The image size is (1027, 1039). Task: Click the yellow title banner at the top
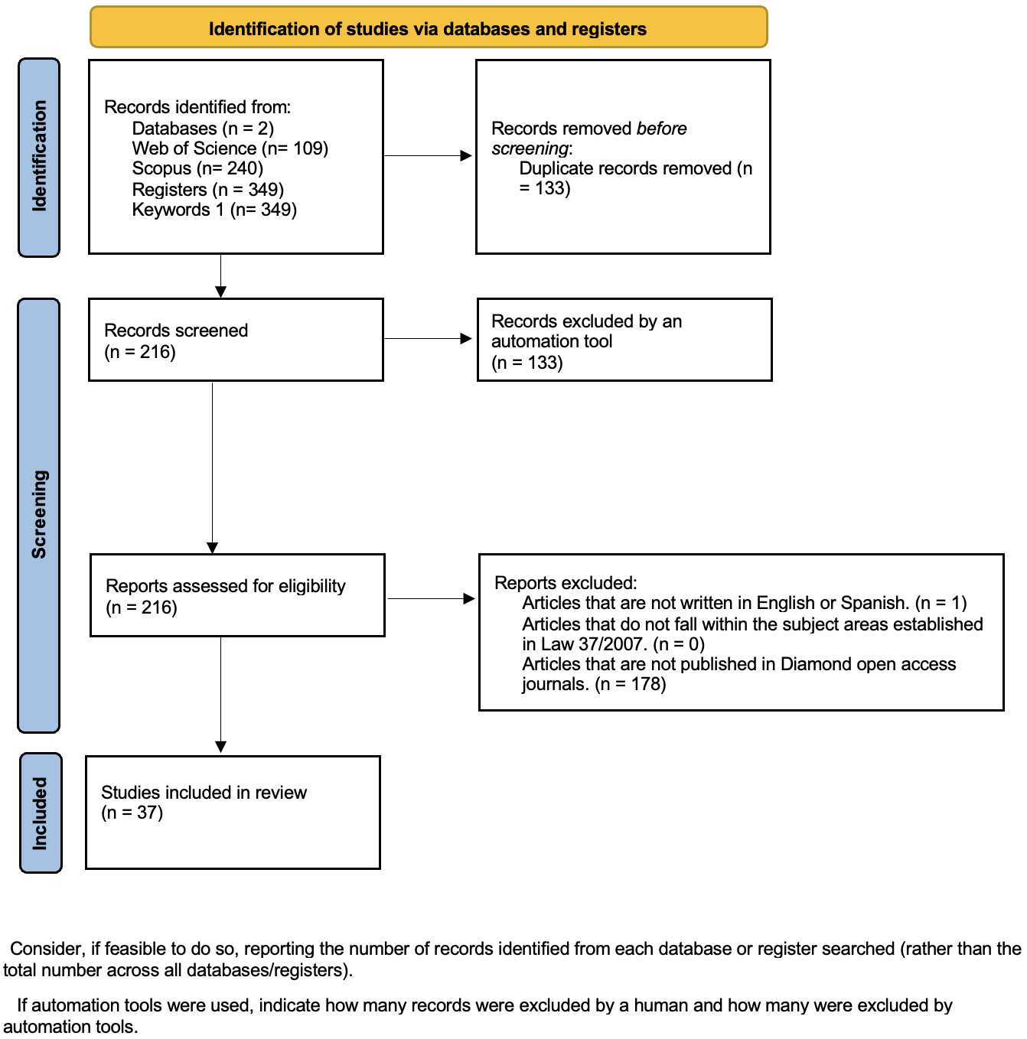point(428,28)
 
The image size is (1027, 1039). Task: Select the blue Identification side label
point(39,157)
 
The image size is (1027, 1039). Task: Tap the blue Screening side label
point(39,514)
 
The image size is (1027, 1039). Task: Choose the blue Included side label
point(40,813)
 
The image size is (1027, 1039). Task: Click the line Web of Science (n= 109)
point(230,148)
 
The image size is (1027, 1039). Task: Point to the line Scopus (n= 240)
point(197,168)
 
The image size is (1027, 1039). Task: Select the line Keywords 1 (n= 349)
point(214,210)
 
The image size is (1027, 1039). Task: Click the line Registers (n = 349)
point(207,189)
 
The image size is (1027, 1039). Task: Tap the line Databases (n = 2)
point(203,129)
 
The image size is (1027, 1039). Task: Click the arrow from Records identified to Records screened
point(220,277)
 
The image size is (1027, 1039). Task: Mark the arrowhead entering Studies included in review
point(220,747)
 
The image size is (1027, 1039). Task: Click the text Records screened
point(176,331)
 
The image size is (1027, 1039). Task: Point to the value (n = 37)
point(132,813)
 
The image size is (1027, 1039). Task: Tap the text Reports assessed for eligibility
point(226,586)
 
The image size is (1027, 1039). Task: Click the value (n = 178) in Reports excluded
point(631,684)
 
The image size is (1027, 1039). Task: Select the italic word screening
point(530,148)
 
